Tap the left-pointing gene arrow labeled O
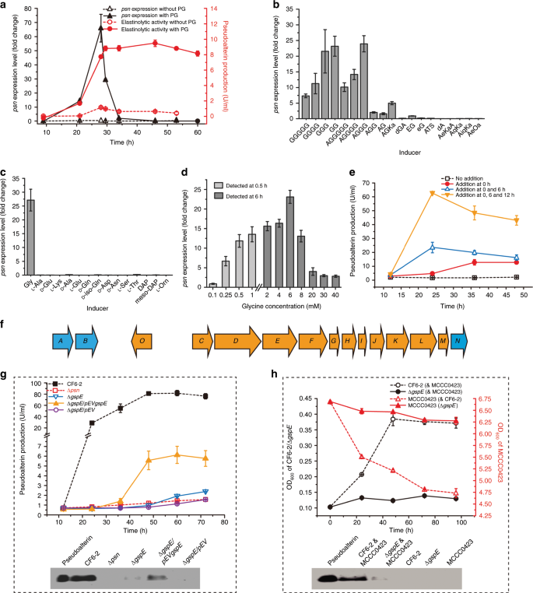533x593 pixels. (142, 319)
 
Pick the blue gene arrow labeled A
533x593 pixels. (60, 319)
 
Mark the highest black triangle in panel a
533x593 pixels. (100, 27)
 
